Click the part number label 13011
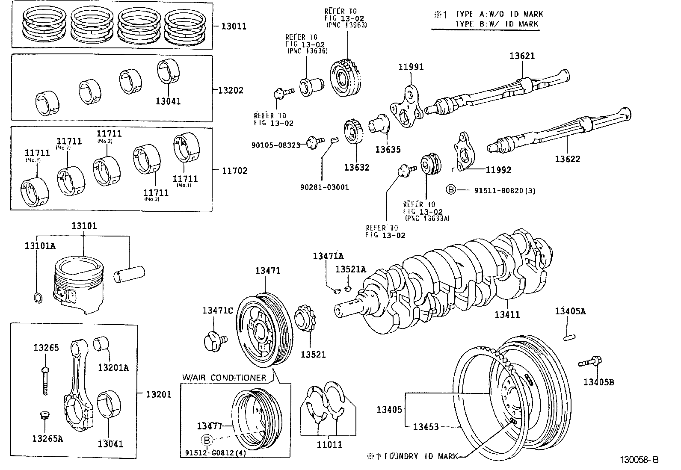point(234,26)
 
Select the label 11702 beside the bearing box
point(234,171)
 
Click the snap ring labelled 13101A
point(37,299)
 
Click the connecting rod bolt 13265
point(45,379)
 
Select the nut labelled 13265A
point(44,415)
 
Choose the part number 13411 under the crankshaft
point(507,314)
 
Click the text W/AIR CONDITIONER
point(224,378)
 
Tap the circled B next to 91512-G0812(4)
point(207,440)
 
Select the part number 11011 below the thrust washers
point(329,444)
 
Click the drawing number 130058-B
point(640,460)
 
